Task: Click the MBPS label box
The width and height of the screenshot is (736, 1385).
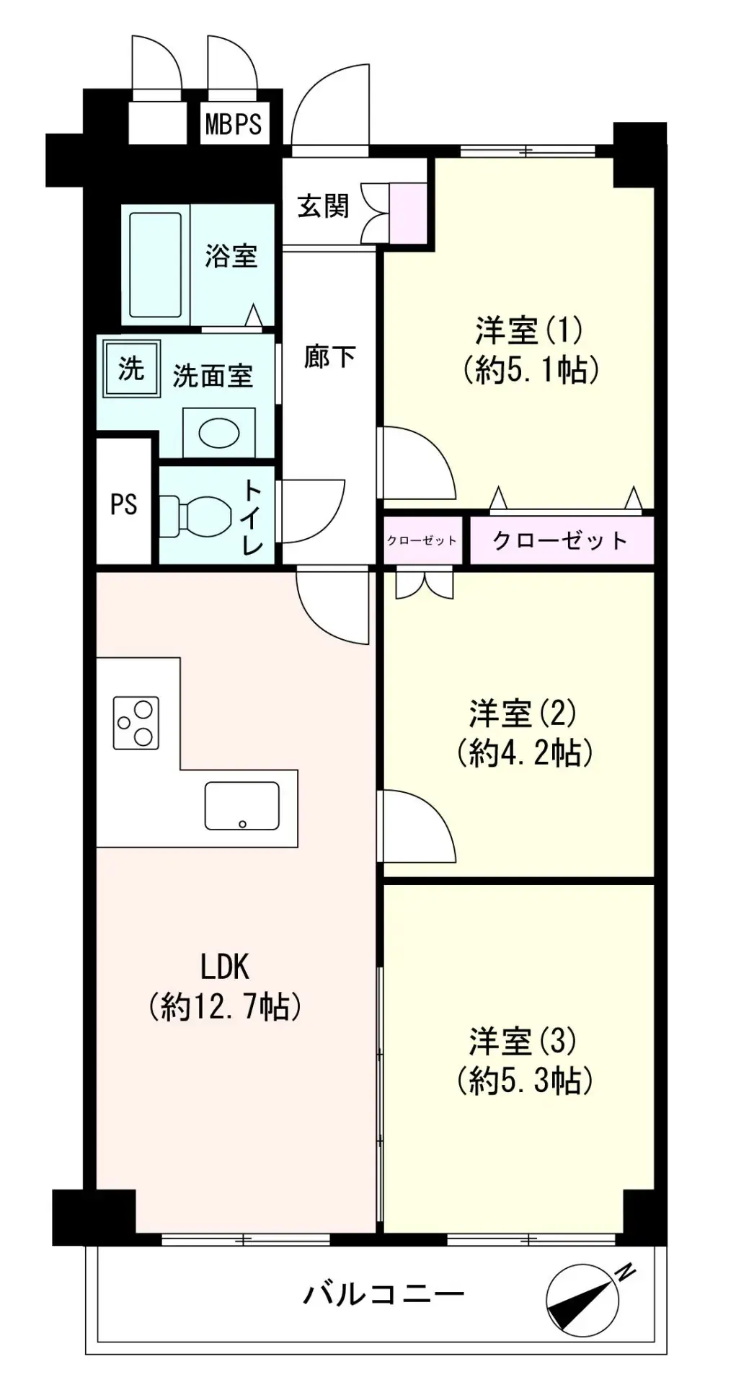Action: (234, 123)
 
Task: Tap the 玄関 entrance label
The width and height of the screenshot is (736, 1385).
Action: (324, 206)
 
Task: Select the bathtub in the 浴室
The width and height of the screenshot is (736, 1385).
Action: (156, 265)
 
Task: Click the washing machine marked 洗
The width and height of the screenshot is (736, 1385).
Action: (131, 369)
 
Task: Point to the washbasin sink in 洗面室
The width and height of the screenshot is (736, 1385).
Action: (219, 433)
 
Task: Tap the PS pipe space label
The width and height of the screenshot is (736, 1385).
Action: (123, 504)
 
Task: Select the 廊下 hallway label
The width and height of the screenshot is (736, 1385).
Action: (329, 356)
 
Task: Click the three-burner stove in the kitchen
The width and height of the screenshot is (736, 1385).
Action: (136, 723)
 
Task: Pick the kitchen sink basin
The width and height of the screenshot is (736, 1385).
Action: (242, 806)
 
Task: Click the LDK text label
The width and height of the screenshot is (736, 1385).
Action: (225, 967)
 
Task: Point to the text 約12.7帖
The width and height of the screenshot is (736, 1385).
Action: (225, 1006)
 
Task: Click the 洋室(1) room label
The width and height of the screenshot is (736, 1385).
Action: (528, 330)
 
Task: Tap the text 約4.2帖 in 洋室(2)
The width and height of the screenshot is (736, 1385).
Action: (525, 754)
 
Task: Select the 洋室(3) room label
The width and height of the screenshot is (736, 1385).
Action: (523, 1042)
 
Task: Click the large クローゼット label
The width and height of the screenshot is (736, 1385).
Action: (560, 540)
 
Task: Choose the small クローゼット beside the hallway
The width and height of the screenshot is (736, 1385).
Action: (422, 540)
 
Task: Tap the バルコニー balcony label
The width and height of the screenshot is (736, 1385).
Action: (383, 1295)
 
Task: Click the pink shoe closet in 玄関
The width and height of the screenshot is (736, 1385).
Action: (408, 213)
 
